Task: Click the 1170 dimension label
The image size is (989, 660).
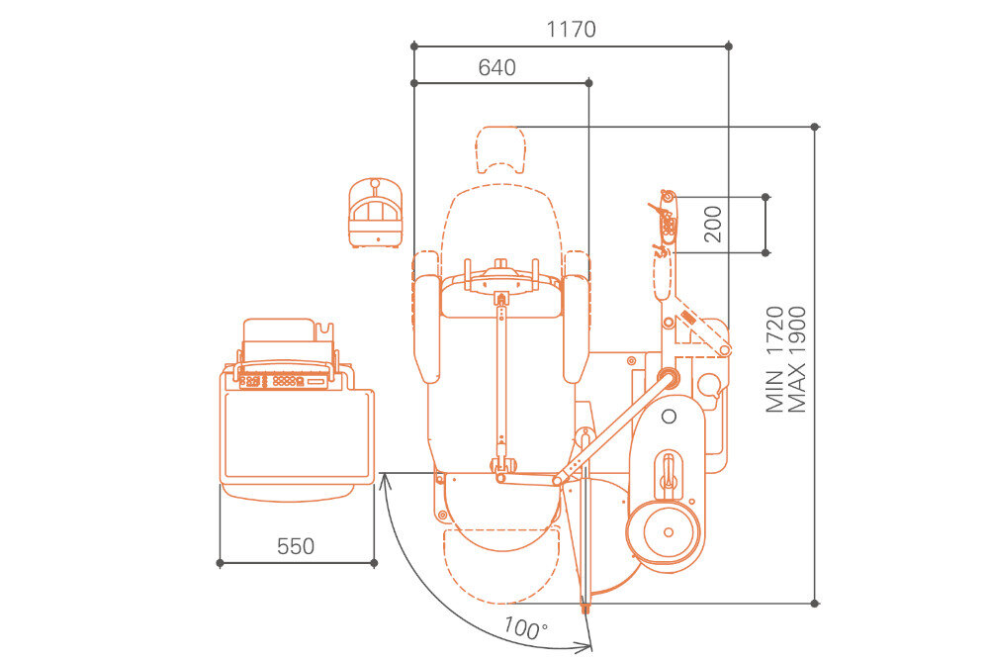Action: tap(571, 29)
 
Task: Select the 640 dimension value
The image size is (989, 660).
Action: tap(497, 67)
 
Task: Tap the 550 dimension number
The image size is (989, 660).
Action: tap(296, 546)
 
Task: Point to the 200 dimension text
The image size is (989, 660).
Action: tap(713, 224)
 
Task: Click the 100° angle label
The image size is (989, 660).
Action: tap(525, 627)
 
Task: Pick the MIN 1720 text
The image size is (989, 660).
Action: tap(774, 359)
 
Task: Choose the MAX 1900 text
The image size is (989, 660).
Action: tap(797, 359)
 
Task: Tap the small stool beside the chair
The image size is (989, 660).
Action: tap(375, 213)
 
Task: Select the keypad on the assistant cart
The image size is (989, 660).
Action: tap(285, 381)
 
